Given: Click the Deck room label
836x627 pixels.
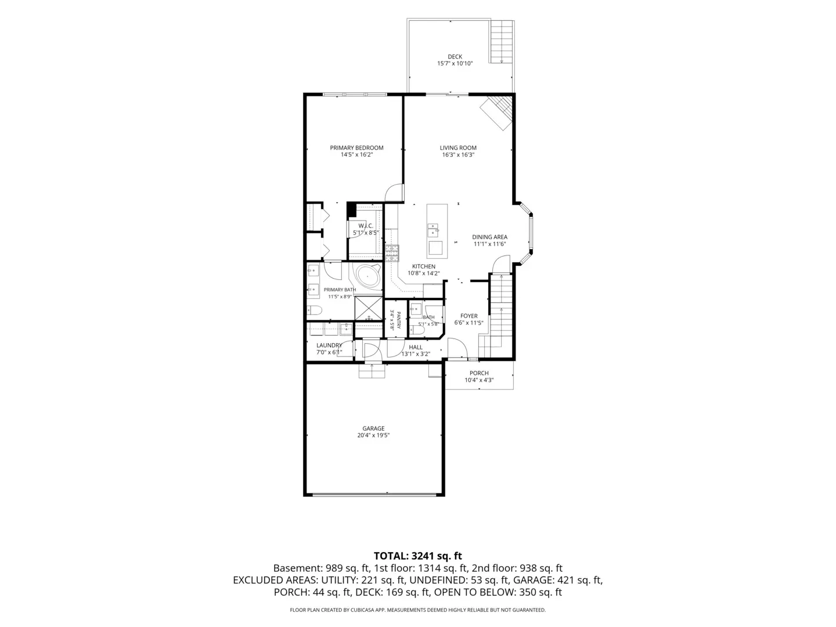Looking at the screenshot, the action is tap(455, 57).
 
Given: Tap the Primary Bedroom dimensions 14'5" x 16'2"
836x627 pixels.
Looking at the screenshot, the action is tap(356, 154).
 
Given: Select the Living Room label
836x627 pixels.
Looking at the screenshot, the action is tap(458, 147).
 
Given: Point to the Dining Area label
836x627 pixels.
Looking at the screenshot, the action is tap(489, 237).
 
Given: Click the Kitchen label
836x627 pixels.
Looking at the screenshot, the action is tap(424, 266).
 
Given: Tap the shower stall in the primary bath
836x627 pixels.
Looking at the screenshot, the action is tap(368, 308).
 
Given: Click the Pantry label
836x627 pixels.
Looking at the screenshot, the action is tap(399, 320).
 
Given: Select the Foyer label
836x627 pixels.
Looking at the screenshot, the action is tap(469, 316).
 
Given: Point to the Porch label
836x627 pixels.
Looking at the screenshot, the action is tap(479, 373).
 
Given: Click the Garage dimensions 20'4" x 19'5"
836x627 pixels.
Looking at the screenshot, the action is tap(373, 435).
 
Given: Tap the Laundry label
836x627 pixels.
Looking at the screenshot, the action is tap(329, 345).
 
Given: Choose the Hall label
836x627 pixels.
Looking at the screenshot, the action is tap(416, 347).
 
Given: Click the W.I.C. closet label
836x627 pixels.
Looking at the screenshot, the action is tap(366, 226).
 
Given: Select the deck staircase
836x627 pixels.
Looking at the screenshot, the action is tap(502, 41).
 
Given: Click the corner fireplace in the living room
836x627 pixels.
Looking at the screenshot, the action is tap(496, 113).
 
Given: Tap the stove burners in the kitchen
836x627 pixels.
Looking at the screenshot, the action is tap(392, 254).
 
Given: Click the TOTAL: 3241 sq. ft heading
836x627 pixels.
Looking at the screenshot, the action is tap(418, 556).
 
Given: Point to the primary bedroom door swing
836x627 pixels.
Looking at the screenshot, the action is tap(394, 193).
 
